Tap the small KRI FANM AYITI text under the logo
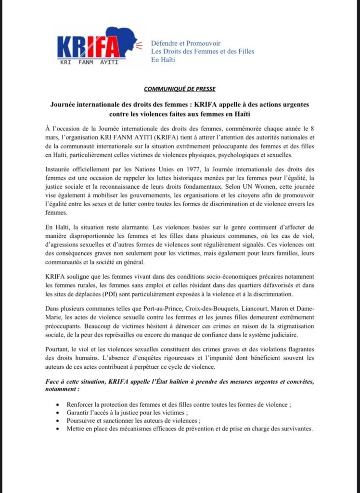(x=89, y=62)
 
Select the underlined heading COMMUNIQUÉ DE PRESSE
(x=180, y=89)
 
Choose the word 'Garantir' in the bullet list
(x=79, y=413)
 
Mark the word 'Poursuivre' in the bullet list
(x=82, y=421)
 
